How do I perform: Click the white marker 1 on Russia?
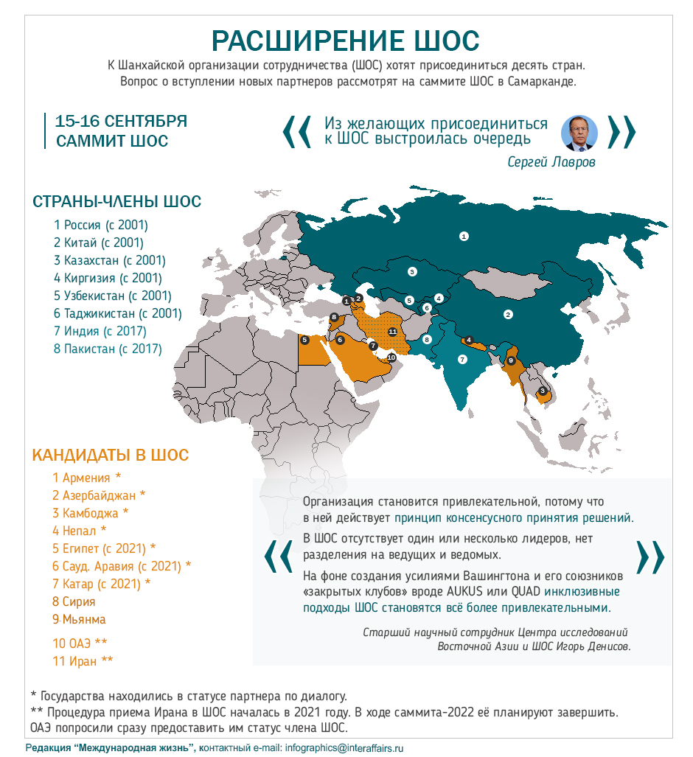coord(464,237)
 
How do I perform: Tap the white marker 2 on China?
coord(507,315)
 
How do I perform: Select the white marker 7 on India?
coord(462,360)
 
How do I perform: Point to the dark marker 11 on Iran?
coord(393,332)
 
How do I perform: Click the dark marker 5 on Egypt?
coord(304,340)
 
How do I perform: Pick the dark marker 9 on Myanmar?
coord(511,360)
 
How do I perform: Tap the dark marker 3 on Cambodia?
coord(543,391)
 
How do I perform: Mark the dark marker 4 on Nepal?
coord(469,340)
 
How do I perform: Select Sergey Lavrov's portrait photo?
coord(579,133)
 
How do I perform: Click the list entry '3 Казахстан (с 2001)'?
coord(109,260)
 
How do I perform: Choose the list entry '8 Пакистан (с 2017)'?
coord(107,349)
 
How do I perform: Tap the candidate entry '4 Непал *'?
coord(79,530)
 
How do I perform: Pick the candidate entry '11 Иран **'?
coord(83,661)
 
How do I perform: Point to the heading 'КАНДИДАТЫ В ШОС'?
coord(110,455)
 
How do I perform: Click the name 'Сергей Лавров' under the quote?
coord(551,162)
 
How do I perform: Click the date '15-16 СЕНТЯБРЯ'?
coord(121,122)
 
